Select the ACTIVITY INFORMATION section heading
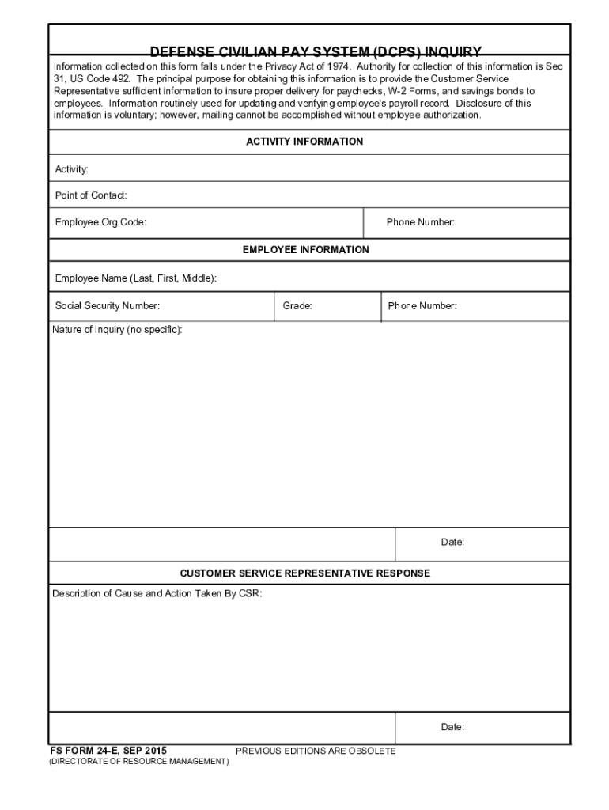pos(304,142)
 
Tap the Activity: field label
pos(71,169)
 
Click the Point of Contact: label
pos(91,195)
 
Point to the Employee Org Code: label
pos(100,222)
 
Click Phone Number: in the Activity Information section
pos(421,222)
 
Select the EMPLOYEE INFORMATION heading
pos(305,249)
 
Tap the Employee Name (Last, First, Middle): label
pos(136,278)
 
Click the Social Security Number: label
pos(108,306)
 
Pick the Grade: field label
pos(297,306)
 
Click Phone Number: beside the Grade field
pos(422,306)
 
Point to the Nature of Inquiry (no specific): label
pos(117,329)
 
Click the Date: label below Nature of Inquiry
pos(452,543)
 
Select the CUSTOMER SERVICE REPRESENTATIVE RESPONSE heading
pos(305,573)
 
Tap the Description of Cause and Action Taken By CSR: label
pos(157,593)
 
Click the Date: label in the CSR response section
pos(452,727)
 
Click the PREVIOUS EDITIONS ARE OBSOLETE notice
pos(316,751)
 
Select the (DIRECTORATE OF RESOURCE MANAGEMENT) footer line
pos(138,762)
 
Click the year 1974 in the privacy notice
pos(338,67)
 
